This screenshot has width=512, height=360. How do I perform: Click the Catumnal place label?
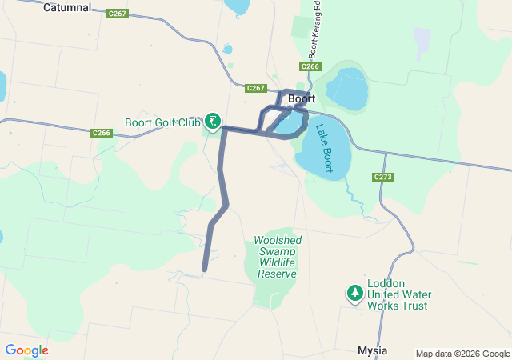[x=66, y=7]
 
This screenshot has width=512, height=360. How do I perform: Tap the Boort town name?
[x=302, y=99]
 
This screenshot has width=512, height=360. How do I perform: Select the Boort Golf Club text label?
[x=162, y=122]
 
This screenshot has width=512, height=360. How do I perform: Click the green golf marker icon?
[x=213, y=122]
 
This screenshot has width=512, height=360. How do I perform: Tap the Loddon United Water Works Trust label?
[x=398, y=294]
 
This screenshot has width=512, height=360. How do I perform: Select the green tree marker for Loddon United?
[x=354, y=294]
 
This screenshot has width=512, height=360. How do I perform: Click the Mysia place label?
[x=372, y=351]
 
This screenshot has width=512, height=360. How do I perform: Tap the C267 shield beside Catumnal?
[x=117, y=14]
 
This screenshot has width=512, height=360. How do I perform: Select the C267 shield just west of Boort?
[x=255, y=87]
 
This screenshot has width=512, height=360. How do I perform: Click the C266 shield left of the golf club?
[x=101, y=133]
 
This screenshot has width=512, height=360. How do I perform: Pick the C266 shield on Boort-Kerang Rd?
[x=311, y=66]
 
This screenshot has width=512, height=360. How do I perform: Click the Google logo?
[x=26, y=350]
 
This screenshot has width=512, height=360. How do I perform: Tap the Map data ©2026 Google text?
[x=462, y=354]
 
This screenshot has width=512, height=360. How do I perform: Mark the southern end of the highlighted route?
[x=205, y=270]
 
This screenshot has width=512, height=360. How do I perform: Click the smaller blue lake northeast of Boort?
[x=345, y=88]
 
